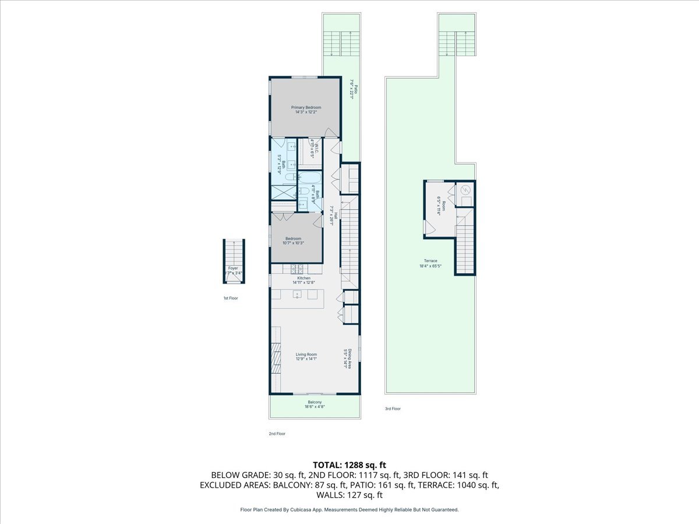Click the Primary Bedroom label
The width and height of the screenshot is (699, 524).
pos(306,108)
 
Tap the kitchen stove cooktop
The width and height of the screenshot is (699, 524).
pos(297,268)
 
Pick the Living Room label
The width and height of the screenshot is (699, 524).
pos(306,355)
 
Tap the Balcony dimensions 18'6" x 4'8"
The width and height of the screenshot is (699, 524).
pos(315,407)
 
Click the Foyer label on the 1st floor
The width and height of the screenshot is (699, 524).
pos(233,268)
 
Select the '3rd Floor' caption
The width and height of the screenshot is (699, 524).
pos(393,409)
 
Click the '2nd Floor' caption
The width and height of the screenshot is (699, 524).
pos(277,434)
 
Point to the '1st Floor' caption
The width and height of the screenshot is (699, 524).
pos(231,298)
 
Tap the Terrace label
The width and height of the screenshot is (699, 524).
pos(430,261)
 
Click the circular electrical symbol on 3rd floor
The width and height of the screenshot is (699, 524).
pos(465,190)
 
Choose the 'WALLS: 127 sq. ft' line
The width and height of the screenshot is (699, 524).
pos(349,495)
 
